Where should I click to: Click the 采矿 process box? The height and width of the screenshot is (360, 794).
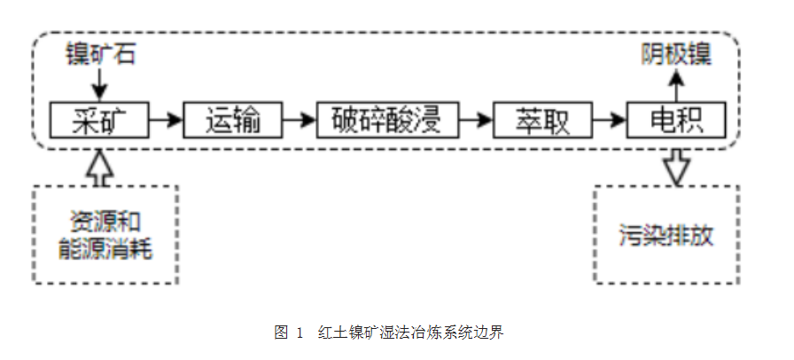[x=99, y=119]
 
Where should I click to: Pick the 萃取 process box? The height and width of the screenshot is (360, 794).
[x=543, y=119]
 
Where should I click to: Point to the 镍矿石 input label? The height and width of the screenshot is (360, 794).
[x=99, y=55]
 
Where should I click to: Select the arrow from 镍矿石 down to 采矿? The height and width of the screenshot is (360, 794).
[x=99, y=86]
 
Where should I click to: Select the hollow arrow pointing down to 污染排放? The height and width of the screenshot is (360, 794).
[x=678, y=166]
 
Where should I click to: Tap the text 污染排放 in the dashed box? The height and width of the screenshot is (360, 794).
[x=666, y=238]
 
